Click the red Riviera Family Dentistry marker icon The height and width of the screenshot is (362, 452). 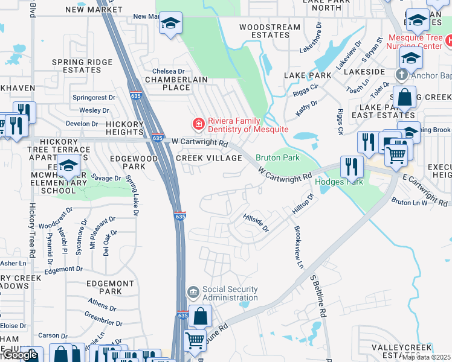(197, 124)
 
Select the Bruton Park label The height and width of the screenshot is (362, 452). (278, 157)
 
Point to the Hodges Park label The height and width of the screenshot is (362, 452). (339, 182)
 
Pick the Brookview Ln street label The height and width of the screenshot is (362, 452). (297, 248)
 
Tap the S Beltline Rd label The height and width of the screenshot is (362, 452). (318, 297)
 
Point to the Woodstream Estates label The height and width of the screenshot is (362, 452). (270, 31)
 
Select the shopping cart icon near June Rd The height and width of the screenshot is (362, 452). (195, 340)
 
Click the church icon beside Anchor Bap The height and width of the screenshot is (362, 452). (401, 75)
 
